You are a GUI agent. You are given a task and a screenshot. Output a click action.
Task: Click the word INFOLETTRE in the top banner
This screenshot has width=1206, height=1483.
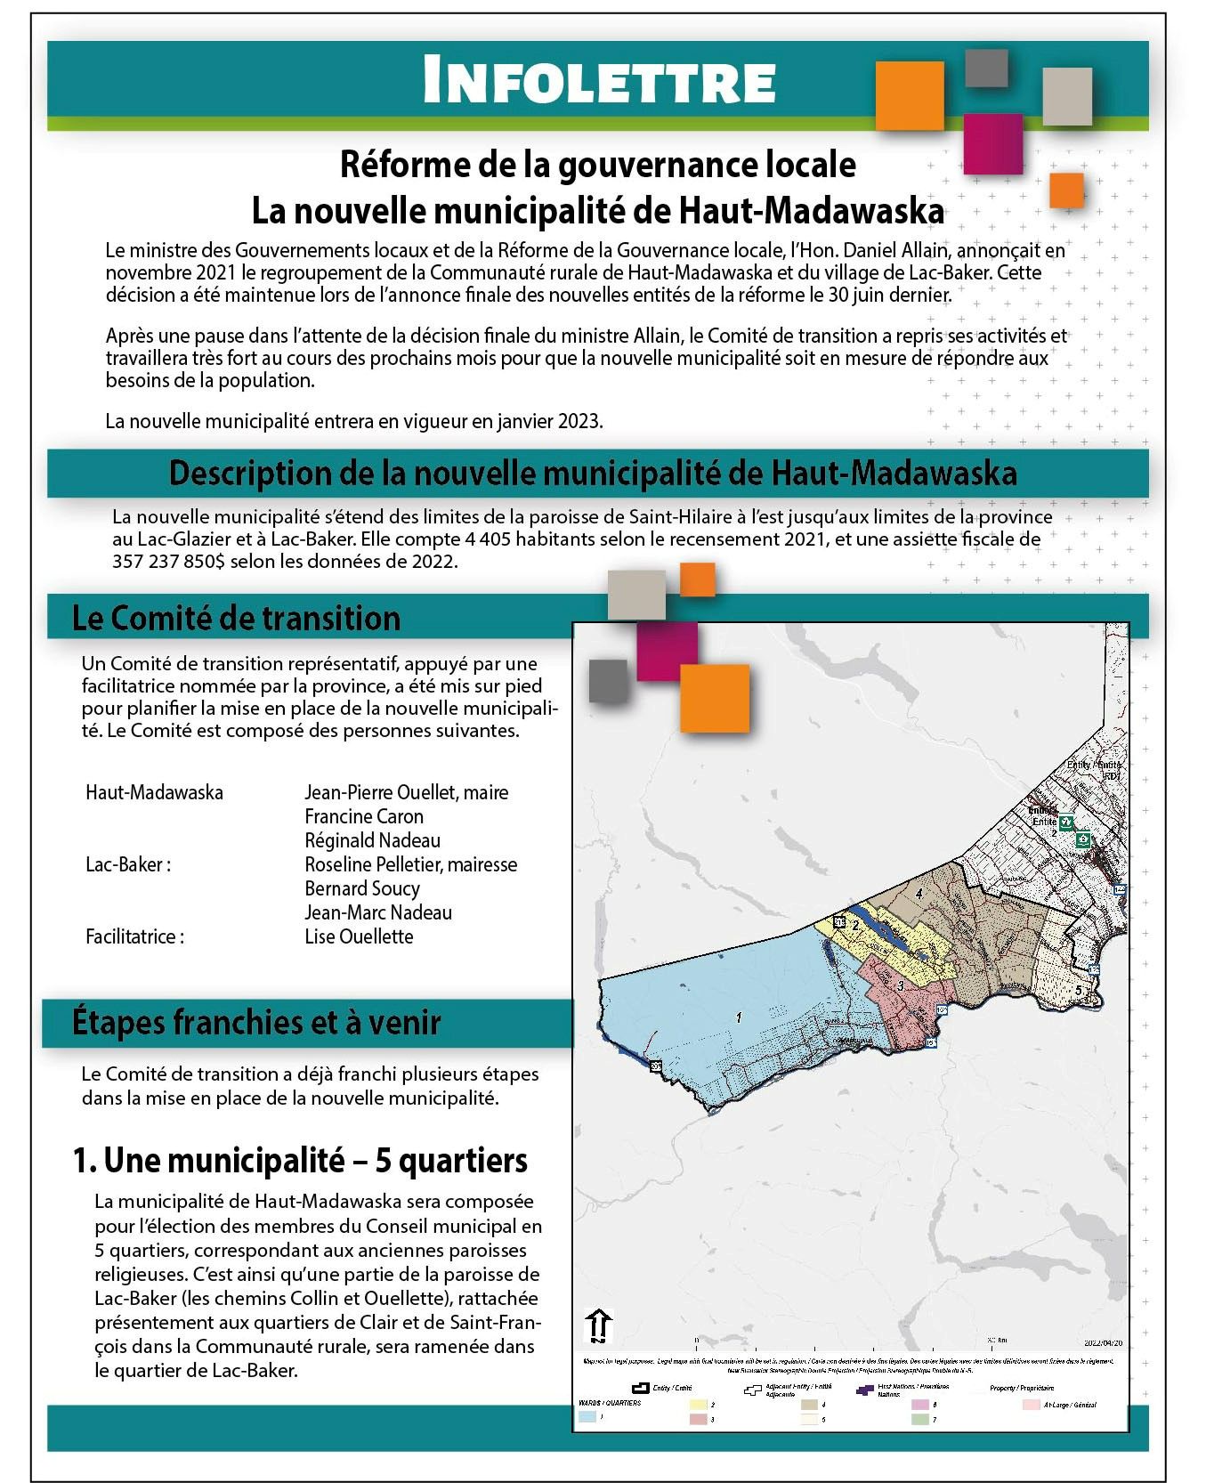[598, 81]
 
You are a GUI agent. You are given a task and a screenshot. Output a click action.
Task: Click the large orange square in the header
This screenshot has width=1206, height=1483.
[909, 96]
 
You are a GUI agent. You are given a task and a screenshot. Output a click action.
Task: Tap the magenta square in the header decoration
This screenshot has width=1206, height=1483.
[992, 143]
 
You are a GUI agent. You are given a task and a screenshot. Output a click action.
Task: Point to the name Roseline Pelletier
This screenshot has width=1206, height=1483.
[373, 864]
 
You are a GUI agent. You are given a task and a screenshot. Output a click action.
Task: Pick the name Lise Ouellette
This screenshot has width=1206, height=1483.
[359, 936]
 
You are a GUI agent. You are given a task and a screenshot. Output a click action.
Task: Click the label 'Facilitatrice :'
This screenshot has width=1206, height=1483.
[134, 936]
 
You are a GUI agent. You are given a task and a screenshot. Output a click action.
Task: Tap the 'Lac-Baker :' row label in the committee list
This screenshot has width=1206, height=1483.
[128, 864]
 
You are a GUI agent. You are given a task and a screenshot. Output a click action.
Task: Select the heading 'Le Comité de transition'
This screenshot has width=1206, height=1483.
[236, 618]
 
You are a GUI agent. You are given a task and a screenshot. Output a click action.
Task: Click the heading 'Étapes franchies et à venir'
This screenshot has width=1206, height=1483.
[256, 1022]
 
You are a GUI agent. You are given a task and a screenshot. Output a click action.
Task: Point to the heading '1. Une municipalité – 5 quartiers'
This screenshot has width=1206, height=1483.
[300, 1160]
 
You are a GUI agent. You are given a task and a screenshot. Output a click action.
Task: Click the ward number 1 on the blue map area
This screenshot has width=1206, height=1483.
[739, 1017]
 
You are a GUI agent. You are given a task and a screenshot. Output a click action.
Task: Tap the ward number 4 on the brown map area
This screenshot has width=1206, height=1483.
[919, 893]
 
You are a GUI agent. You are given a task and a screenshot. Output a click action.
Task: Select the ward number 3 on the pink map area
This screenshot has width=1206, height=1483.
[901, 985]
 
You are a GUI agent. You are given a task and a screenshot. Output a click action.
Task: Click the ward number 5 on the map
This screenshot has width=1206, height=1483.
[1079, 990]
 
